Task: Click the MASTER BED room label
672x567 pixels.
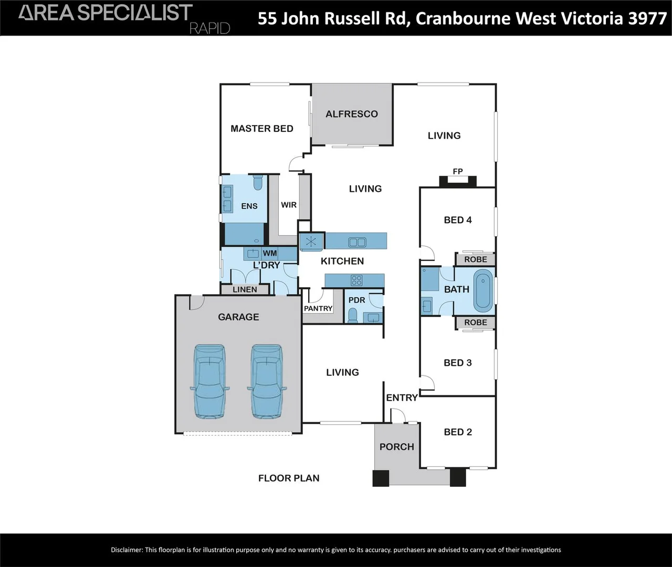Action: tap(261, 129)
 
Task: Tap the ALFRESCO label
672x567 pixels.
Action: tap(351, 114)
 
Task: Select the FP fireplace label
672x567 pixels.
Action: tap(457, 171)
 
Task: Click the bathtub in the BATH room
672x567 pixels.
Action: tap(483, 290)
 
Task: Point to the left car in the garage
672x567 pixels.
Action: tap(209, 381)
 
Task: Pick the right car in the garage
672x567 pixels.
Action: tap(267, 381)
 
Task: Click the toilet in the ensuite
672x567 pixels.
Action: tap(257, 183)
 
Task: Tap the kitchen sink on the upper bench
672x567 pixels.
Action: tap(357, 242)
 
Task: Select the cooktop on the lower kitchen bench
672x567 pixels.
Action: tap(356, 280)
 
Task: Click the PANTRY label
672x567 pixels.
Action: tap(318, 308)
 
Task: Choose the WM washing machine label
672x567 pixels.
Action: tap(270, 253)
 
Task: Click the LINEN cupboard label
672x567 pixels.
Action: tap(245, 289)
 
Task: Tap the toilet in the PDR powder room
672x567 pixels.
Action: tap(353, 316)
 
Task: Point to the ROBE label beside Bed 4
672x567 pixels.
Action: tap(475, 259)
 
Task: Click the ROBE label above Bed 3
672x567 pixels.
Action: tap(475, 322)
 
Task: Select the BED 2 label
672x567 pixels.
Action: tap(457, 432)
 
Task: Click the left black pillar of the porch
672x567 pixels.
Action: tap(381, 478)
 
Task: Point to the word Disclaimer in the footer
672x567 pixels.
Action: tap(127, 550)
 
